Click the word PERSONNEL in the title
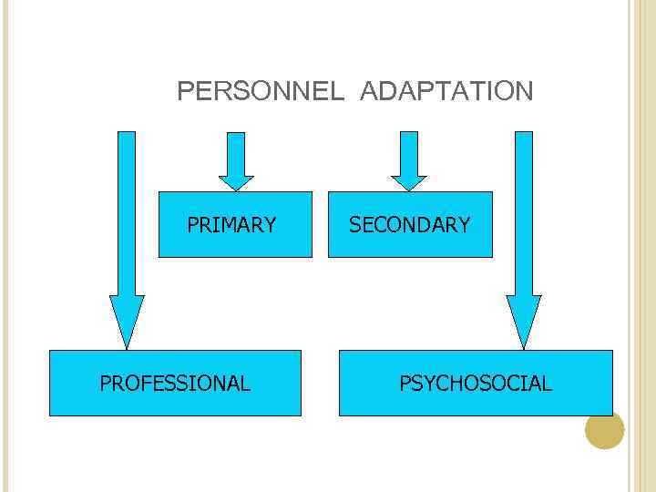[261, 91]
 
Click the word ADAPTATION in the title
[446, 91]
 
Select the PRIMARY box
[235, 224]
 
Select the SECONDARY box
[410, 224]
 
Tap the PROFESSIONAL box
[175, 383]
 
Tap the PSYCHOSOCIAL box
[476, 383]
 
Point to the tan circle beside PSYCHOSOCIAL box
[604, 430]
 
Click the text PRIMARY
[231, 225]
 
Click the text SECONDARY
[410, 225]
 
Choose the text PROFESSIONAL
[175, 384]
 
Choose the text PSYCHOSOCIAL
[476, 384]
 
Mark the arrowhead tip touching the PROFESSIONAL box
[127, 347]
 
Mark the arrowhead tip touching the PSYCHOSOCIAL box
[524, 347]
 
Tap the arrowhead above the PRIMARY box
[236, 182]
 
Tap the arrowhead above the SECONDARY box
[409, 182]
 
